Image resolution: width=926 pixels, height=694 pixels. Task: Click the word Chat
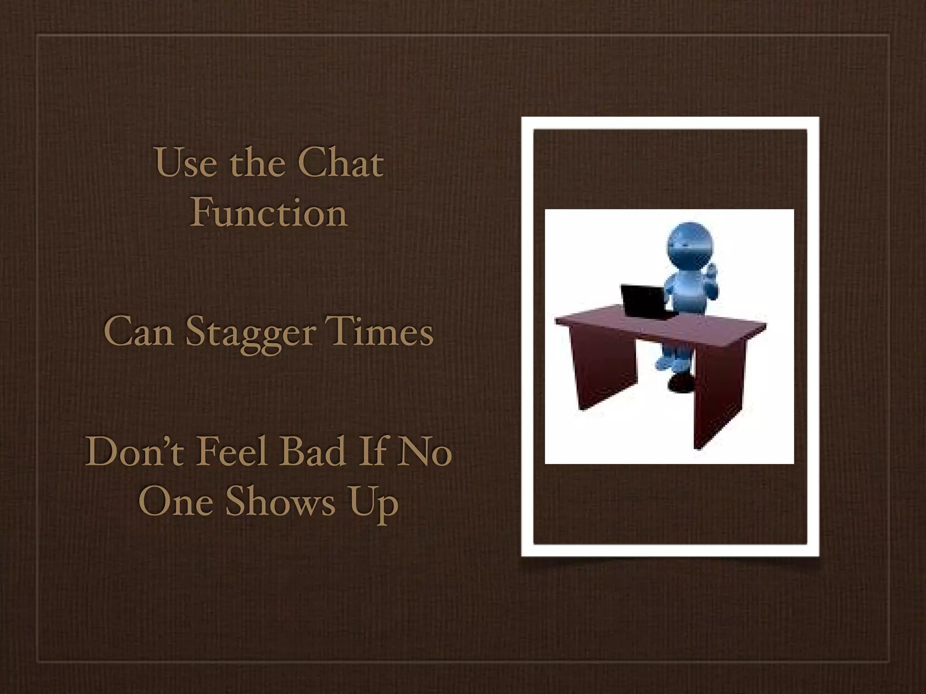(340, 163)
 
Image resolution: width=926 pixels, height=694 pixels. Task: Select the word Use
(186, 163)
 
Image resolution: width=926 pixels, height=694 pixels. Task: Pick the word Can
(139, 332)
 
